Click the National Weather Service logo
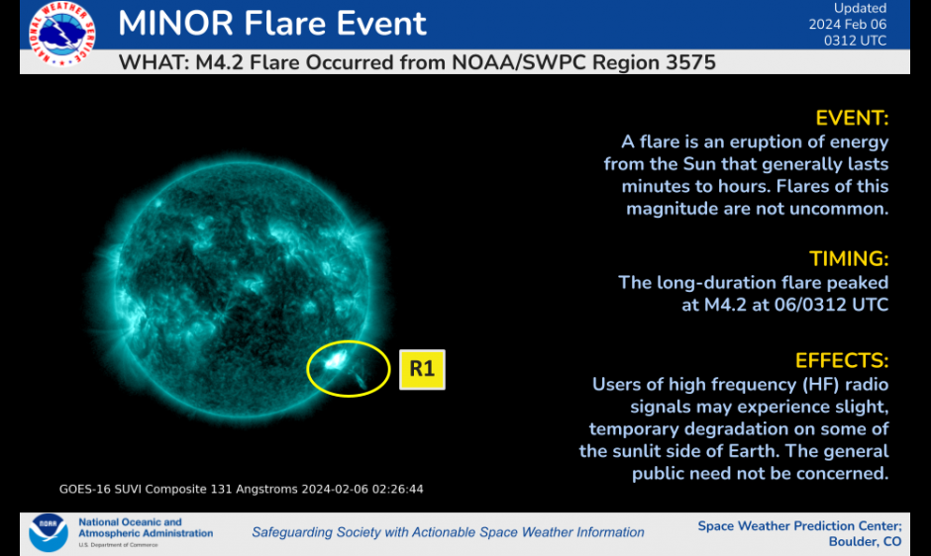[x=61, y=33]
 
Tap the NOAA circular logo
[x=49, y=532]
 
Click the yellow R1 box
[x=422, y=369]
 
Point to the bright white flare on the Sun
[x=335, y=360]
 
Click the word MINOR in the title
[x=175, y=23]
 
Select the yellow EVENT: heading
[x=852, y=118]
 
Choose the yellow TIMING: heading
[x=849, y=259]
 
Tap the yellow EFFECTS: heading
[x=842, y=361]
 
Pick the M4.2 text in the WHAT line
[x=220, y=63]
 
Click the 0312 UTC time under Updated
[x=855, y=41]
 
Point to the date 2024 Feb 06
[x=847, y=25]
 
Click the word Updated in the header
[x=861, y=8]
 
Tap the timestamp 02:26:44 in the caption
[x=398, y=489]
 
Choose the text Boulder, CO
[x=865, y=542]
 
